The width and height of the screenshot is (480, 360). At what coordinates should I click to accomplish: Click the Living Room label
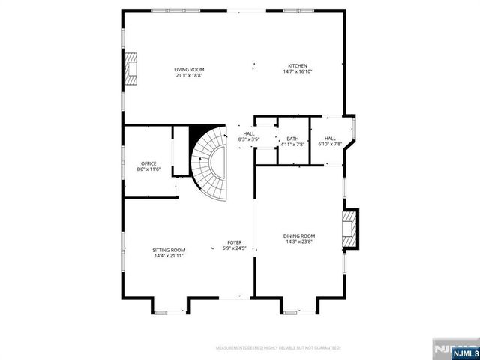[x=189, y=70]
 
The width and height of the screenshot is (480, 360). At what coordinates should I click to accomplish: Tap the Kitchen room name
[x=295, y=66]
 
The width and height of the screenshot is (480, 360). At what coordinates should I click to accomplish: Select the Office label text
[x=148, y=164]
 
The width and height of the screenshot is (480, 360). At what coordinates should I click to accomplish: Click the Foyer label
[x=235, y=242]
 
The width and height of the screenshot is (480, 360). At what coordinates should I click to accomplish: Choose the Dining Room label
[x=298, y=236]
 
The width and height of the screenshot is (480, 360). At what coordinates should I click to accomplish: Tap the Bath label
[x=292, y=139]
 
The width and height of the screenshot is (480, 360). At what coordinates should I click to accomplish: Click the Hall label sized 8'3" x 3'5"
[x=248, y=134]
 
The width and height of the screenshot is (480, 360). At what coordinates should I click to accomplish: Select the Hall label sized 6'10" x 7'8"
[x=330, y=139]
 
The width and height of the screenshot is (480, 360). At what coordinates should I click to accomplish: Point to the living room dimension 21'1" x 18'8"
[x=189, y=75]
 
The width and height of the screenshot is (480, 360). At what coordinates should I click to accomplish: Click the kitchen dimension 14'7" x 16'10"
[x=295, y=72]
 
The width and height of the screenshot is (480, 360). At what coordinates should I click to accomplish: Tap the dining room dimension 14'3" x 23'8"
[x=298, y=242]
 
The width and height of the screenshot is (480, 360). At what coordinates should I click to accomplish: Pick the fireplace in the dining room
[x=350, y=229]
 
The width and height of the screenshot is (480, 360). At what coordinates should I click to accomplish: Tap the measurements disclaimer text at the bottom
[x=278, y=348]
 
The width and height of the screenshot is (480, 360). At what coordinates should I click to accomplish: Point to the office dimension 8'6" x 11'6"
[x=148, y=170]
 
